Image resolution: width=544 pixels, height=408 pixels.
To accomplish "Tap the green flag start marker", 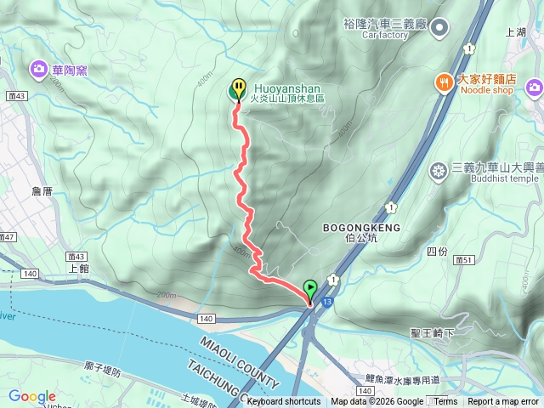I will (x=310, y=289).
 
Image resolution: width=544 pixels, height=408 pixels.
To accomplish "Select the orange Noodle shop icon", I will (x=443, y=82).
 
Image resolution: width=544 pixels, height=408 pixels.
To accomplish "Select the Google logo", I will (x=31, y=396).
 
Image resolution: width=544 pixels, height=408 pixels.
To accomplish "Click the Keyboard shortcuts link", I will (x=283, y=402).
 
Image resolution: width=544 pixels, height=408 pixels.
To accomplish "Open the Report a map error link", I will (x=503, y=402).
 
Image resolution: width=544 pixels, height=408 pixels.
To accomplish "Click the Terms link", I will (x=445, y=402).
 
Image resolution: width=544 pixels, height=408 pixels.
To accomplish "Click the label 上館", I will (x=77, y=266).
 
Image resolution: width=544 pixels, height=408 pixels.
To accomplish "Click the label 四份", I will (x=437, y=252).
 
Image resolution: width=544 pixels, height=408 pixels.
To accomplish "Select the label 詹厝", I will (x=42, y=192).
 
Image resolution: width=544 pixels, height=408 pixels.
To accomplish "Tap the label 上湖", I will (x=516, y=31).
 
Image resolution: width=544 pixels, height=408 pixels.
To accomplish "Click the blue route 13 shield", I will (x=329, y=300).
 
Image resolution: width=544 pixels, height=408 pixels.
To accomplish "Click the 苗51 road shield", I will (x=463, y=260).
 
